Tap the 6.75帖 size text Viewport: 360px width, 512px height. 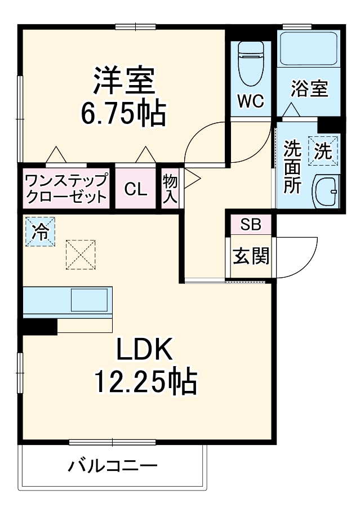pyautogui.click(x=123, y=113)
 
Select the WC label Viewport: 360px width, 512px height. pyautogui.click(x=250, y=101)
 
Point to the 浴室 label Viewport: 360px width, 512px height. pyautogui.click(x=309, y=88)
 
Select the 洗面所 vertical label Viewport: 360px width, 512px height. pyautogui.click(x=292, y=167)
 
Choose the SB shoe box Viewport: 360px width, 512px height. pyautogui.click(x=250, y=224)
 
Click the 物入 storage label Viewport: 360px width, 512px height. pyautogui.click(x=170, y=189)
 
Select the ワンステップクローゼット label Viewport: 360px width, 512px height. pyautogui.click(x=66, y=189)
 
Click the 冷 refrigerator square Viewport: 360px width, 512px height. pyautogui.click(x=40, y=231)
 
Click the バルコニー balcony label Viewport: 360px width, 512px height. pyautogui.click(x=113, y=467)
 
